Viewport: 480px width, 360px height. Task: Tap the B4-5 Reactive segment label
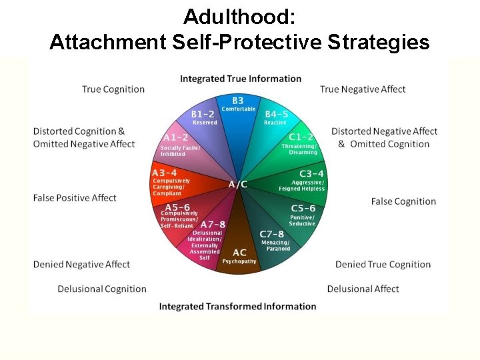pyautogui.click(x=276, y=118)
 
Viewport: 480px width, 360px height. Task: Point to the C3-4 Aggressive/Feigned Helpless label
pyautogui.click(x=307, y=180)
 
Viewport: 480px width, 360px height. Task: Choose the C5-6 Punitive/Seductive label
pyautogui.click(x=303, y=215)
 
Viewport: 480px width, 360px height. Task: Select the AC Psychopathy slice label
pyautogui.click(x=239, y=257)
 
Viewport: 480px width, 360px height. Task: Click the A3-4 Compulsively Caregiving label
pyautogui.click(x=171, y=183)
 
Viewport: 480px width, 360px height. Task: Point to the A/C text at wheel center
pyautogui.click(x=238, y=184)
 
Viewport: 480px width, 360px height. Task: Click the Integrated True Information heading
pyautogui.click(x=241, y=79)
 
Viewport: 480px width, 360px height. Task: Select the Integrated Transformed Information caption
pyautogui.click(x=237, y=307)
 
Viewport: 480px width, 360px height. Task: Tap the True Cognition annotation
pyautogui.click(x=113, y=89)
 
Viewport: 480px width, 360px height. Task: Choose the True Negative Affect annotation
pyautogui.click(x=363, y=89)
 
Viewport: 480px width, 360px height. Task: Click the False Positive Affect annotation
pyautogui.click(x=75, y=198)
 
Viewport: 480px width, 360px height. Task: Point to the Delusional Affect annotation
pyautogui.click(x=363, y=289)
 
